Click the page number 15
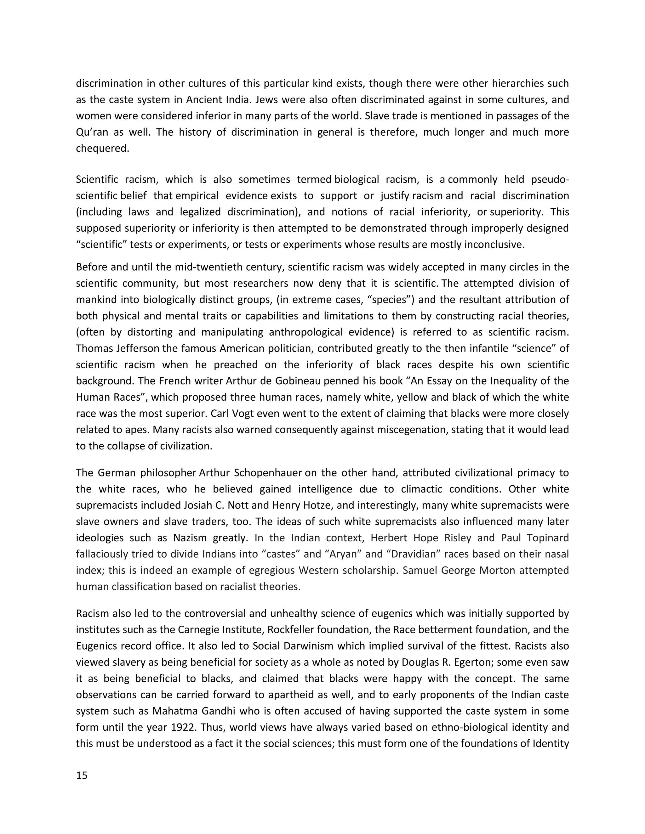point(82,775)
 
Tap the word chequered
point(102,148)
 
